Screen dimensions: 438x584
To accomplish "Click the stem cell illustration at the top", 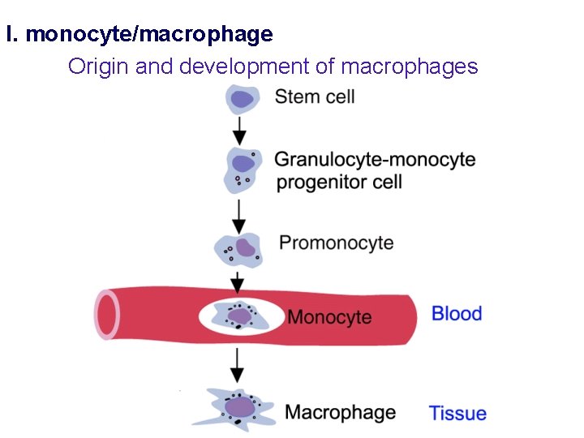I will click(241, 99).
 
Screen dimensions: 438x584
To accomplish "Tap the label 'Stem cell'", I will click(315, 97).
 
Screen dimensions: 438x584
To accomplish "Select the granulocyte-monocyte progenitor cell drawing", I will click(241, 169).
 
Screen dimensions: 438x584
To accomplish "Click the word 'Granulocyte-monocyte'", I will click(375, 160).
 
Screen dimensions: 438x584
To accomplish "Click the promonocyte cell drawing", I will click(238, 249).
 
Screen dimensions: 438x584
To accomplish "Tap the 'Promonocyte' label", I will click(336, 243).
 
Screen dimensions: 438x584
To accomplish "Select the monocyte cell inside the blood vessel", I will click(241, 316).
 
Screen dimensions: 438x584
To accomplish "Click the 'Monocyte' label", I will click(329, 316).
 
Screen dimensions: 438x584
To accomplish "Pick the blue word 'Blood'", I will click(457, 314).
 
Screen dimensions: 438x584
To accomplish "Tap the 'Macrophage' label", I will click(340, 412).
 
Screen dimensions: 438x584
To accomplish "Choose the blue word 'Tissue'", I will click(457, 413).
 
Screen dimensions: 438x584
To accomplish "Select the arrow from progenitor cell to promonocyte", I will click(238, 216).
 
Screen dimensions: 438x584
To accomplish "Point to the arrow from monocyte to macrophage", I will click(237, 365).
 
